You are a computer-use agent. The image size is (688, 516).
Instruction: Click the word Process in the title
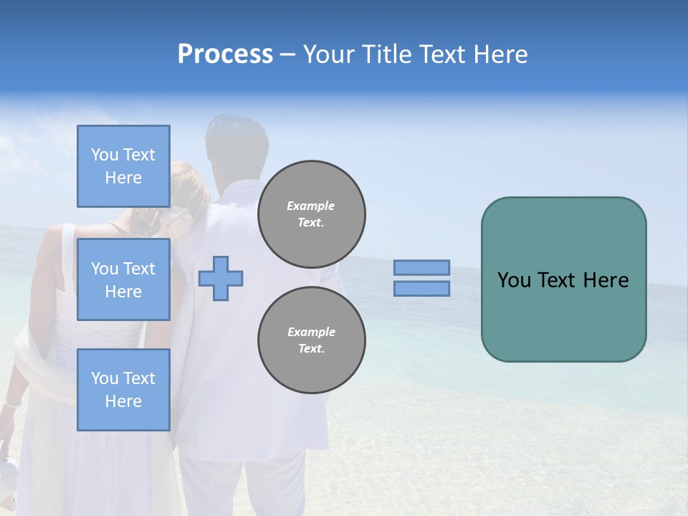point(225,54)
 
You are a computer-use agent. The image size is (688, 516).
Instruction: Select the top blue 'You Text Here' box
point(123,166)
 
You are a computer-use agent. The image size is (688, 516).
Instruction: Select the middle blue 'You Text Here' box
point(123,279)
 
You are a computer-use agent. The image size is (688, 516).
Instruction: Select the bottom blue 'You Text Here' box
point(123,390)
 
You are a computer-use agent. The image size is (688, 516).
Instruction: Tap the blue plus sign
point(221,279)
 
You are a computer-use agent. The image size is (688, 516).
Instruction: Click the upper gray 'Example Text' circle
point(311,214)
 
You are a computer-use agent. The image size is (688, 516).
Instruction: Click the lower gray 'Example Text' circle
point(311,340)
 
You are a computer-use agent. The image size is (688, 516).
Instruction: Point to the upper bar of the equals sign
point(421,267)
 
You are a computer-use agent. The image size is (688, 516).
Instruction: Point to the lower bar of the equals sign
point(421,289)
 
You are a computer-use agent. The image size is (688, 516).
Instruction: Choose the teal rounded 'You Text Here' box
point(563,315)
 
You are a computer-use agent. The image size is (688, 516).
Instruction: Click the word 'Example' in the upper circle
point(311,206)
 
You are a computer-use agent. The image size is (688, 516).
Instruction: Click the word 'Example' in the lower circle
point(311,332)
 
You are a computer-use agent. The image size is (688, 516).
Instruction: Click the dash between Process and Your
point(287,55)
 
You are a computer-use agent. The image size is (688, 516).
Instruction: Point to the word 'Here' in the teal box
point(606,280)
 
